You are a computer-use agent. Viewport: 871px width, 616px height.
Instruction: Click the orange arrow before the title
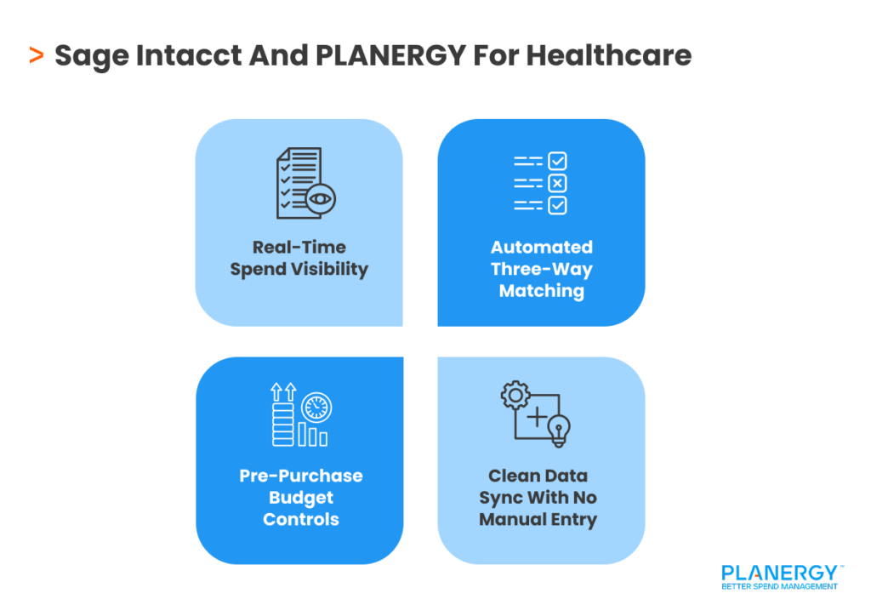click(x=36, y=56)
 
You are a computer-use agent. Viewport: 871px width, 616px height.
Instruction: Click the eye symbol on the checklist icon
click(x=321, y=199)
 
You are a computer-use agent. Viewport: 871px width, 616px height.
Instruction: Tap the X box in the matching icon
click(x=557, y=183)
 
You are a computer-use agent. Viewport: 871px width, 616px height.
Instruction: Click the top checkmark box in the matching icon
click(x=557, y=161)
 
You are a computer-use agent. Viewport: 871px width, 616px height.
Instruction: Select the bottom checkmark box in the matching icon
click(x=557, y=205)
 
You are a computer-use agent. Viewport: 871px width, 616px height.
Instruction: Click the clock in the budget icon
click(x=316, y=407)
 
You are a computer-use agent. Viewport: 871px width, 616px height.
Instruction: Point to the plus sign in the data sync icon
click(x=537, y=418)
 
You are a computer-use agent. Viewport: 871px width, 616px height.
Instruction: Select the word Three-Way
click(x=542, y=270)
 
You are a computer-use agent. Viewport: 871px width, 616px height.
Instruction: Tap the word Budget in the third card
click(x=301, y=498)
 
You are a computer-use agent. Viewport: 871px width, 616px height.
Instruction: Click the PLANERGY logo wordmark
click(x=779, y=573)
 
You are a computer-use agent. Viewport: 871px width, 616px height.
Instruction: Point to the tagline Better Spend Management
click(x=779, y=586)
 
